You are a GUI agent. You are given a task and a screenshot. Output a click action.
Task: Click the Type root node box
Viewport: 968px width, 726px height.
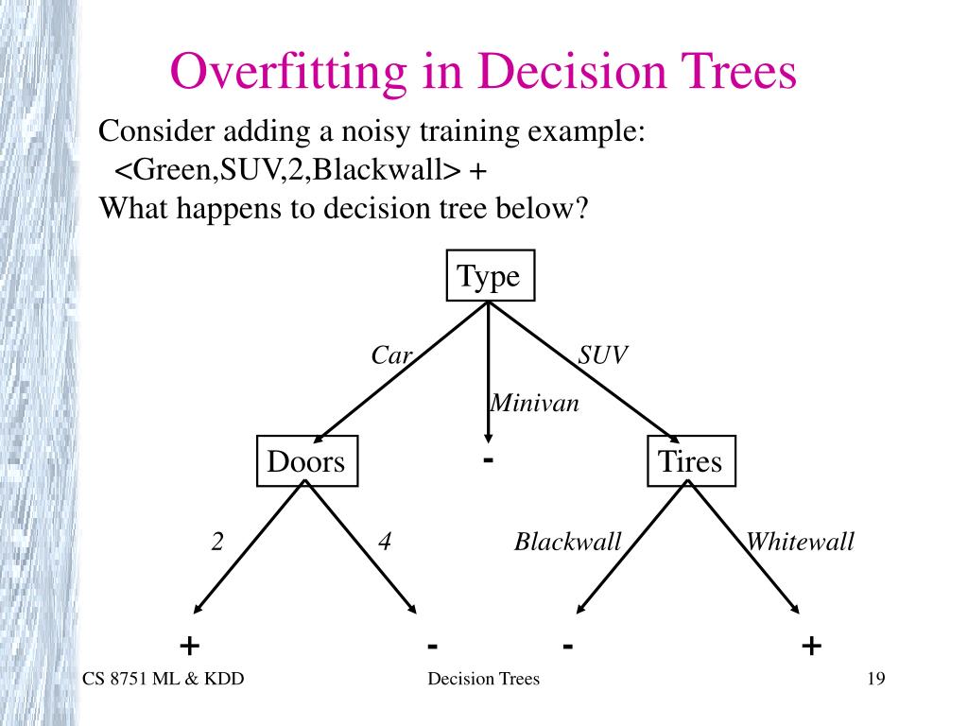[490, 276]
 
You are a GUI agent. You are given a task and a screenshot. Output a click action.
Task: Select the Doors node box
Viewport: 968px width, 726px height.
[306, 462]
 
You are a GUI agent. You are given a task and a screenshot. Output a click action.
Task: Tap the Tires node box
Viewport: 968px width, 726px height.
[690, 462]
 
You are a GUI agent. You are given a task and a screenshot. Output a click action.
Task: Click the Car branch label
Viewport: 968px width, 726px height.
[391, 355]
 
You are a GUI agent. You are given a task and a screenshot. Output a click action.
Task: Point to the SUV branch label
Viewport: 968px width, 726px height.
[603, 355]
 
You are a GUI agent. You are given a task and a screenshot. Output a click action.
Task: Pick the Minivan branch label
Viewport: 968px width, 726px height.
[534, 404]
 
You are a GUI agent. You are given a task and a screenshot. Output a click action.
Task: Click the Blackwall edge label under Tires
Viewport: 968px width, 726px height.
[567, 542]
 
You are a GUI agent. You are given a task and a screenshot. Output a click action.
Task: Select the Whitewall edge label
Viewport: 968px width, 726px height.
[800, 542]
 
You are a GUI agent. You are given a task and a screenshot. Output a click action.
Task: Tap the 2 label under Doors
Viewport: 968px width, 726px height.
[217, 542]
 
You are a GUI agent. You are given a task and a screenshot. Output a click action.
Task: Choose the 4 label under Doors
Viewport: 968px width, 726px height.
[385, 542]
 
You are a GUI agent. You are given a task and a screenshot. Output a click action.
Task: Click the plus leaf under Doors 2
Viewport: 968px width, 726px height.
[190, 646]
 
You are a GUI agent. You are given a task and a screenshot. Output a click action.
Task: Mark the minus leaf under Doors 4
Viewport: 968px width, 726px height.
[432, 646]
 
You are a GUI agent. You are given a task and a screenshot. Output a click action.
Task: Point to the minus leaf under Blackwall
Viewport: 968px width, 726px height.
[567, 646]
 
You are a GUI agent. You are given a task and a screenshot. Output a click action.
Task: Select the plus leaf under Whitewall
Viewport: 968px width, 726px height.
[811, 646]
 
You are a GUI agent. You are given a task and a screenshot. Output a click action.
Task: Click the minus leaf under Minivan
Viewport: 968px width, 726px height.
[488, 460]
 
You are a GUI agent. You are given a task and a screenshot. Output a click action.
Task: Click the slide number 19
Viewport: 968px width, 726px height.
[874, 679]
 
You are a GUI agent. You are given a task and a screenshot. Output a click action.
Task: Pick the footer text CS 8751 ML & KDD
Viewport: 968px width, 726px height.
[163, 679]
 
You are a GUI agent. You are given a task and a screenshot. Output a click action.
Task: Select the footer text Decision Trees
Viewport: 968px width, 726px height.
[483, 679]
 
